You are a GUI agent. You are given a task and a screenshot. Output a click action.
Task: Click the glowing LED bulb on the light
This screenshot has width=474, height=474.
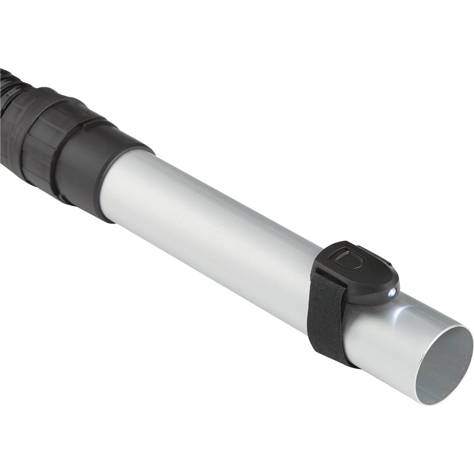393,293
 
